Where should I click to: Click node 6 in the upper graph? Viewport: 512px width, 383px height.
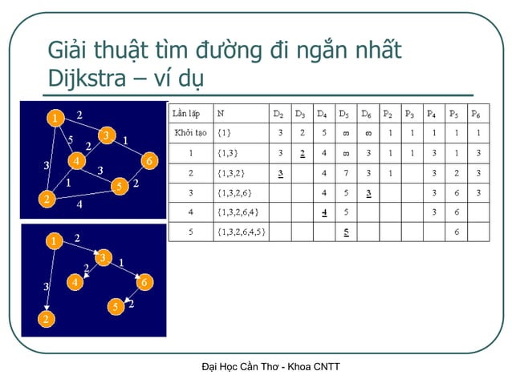pos(148,161)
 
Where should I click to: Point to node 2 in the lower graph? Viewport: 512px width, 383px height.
pos(47,320)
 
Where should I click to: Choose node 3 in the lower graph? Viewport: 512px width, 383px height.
pos(103,257)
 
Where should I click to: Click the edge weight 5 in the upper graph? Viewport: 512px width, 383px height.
pos(70,139)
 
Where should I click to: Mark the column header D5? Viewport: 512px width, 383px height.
pos(343,113)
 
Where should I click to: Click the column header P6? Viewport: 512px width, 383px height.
pos(477,113)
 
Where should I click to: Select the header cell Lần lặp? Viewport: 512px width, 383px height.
pos(189,113)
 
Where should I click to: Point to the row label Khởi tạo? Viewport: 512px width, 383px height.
pos(190,132)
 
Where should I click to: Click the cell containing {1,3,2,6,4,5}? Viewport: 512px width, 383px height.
pos(243,232)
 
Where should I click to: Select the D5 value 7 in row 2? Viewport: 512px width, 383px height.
pos(343,172)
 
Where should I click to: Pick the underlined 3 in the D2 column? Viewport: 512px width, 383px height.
pos(280,172)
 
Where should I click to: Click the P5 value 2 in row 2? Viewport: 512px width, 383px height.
pos(456,172)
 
